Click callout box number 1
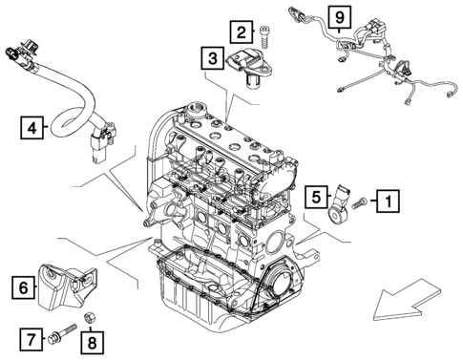point(387,201)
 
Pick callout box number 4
point(33,126)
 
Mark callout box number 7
point(31,337)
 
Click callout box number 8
point(91,340)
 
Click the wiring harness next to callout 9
point(382,57)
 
